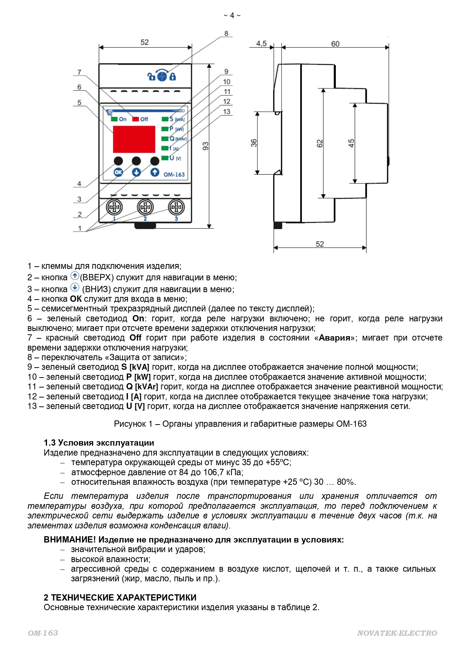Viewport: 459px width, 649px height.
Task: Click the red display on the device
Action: [x=134, y=139]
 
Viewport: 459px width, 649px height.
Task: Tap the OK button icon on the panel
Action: [x=118, y=172]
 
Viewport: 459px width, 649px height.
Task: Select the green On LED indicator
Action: [x=115, y=119]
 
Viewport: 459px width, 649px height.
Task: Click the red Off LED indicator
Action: [x=136, y=119]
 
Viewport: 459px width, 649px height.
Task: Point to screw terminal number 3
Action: [x=176, y=207]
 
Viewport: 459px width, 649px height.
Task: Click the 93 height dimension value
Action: [x=206, y=146]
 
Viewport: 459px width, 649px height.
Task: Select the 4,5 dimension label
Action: [x=261, y=44]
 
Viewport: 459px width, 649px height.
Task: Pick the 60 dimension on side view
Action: [x=335, y=44]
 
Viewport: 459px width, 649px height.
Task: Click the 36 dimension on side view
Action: [x=254, y=143]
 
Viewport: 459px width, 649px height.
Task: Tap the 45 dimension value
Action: [x=351, y=143]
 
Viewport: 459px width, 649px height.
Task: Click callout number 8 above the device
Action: [x=226, y=34]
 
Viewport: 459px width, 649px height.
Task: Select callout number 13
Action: [x=226, y=112]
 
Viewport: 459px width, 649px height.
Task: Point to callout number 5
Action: [x=79, y=103]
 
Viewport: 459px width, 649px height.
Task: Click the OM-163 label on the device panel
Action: [x=174, y=175]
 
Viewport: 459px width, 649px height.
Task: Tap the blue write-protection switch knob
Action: [x=162, y=76]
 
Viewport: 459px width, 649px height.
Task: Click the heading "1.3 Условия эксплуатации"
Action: [x=99, y=443]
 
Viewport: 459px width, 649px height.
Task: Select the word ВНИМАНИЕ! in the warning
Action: [x=70, y=540]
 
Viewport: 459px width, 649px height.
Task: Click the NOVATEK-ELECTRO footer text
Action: [x=397, y=633]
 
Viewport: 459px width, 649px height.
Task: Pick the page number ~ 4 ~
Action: [x=232, y=15]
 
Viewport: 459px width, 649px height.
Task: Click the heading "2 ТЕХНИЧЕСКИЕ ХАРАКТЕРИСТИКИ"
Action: [x=120, y=598]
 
